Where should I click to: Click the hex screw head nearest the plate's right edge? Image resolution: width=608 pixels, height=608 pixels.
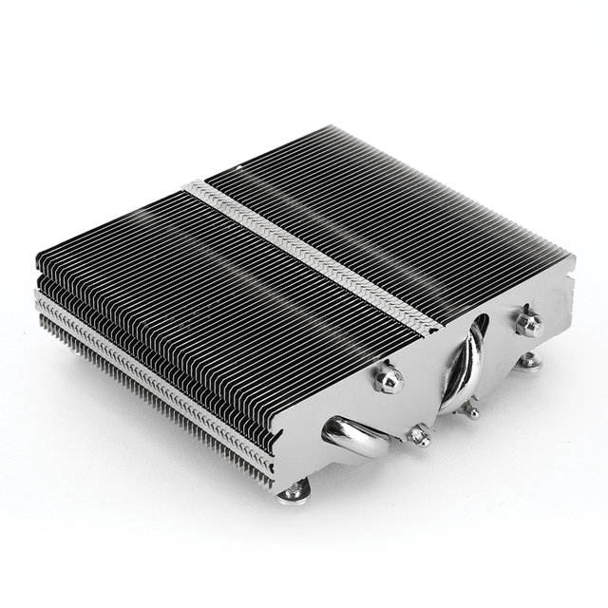pos(528,320)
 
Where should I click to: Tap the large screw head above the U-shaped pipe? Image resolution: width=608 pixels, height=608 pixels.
pos(387,378)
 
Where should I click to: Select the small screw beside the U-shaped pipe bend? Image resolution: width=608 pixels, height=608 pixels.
pos(418,435)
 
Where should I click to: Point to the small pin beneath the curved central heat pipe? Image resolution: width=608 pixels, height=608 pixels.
pos(469,409)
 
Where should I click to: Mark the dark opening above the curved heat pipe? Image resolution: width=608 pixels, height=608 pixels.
pos(480,328)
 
